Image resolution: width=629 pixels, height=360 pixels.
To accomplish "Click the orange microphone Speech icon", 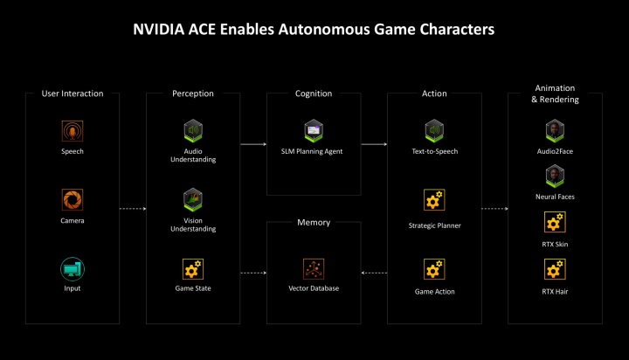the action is [x=73, y=131].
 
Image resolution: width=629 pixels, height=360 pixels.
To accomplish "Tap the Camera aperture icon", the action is [x=73, y=199].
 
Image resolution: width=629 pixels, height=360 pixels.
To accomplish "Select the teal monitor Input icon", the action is [x=73, y=269].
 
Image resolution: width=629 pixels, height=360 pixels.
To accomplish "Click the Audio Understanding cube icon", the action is [x=193, y=130].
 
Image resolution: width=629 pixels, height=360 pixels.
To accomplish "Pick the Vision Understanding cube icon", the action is [x=193, y=199].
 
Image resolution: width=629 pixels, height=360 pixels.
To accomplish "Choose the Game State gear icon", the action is [x=193, y=269].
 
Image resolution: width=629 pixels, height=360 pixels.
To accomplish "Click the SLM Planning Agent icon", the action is [x=314, y=130].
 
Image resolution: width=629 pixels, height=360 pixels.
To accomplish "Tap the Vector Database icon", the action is [x=314, y=269].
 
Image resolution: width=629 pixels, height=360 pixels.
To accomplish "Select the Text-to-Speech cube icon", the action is [x=434, y=130].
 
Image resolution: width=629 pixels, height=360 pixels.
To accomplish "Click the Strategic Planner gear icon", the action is [x=434, y=199].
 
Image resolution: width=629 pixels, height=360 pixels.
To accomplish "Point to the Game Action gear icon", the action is [x=434, y=269].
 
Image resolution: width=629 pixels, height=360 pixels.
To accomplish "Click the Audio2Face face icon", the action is [x=556, y=130].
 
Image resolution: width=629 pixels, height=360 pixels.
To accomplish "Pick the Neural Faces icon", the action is [x=556, y=176].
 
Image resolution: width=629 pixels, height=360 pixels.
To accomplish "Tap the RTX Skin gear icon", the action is [x=556, y=222].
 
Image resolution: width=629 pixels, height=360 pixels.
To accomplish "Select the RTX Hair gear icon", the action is [x=556, y=269].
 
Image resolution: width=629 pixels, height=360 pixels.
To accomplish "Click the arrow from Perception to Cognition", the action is [x=253, y=144].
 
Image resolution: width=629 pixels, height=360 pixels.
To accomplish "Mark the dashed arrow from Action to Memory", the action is [x=374, y=273].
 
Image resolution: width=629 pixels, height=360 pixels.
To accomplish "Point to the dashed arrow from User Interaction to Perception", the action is [x=133, y=209].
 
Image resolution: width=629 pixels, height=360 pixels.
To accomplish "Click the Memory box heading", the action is [x=314, y=222].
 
